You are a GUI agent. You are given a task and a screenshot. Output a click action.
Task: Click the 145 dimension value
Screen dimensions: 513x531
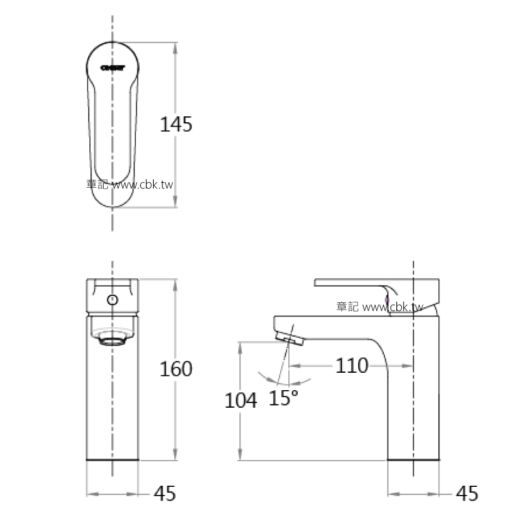(x=176, y=125)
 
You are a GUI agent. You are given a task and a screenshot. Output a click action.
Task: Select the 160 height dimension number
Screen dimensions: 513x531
(x=176, y=369)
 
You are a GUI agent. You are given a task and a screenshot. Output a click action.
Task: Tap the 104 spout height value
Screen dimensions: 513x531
(x=240, y=401)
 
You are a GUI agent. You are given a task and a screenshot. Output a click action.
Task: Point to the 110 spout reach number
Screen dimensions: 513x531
(x=351, y=366)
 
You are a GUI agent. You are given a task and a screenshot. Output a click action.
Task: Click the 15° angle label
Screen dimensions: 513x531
(x=283, y=398)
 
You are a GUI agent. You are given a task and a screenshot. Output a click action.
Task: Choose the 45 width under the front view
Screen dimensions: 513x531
(x=165, y=494)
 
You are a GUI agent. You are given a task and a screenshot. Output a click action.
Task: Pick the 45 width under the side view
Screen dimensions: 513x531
(x=466, y=494)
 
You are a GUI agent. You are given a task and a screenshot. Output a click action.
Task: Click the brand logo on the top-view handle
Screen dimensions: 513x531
(x=113, y=68)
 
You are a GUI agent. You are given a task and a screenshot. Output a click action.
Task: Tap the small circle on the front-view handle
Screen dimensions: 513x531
(x=112, y=299)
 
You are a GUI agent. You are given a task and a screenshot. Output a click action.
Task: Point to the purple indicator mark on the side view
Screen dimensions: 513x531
(x=387, y=297)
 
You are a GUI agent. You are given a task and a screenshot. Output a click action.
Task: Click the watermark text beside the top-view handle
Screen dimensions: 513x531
(x=130, y=184)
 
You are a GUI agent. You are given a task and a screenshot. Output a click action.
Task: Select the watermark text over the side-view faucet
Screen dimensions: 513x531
(x=379, y=307)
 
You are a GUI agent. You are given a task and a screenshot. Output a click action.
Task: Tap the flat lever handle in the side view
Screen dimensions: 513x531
(x=349, y=282)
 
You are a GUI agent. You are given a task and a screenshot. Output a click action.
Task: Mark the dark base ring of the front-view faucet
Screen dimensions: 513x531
(x=112, y=460)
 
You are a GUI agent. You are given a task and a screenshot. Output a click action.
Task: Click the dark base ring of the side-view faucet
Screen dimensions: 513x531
(x=413, y=460)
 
